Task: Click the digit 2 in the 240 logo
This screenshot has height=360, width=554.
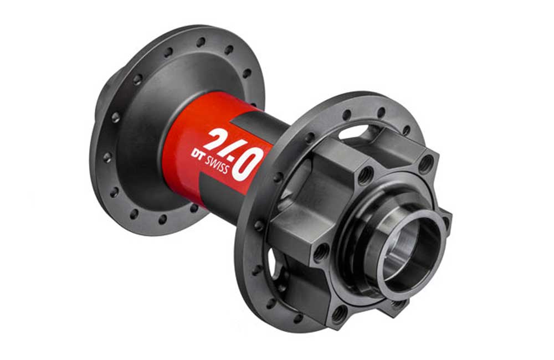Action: [x=216, y=138]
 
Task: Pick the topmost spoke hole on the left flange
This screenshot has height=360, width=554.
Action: [x=201, y=43]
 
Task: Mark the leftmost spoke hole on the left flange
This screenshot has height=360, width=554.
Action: [x=107, y=157]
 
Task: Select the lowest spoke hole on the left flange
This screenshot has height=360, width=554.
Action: [x=162, y=219]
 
